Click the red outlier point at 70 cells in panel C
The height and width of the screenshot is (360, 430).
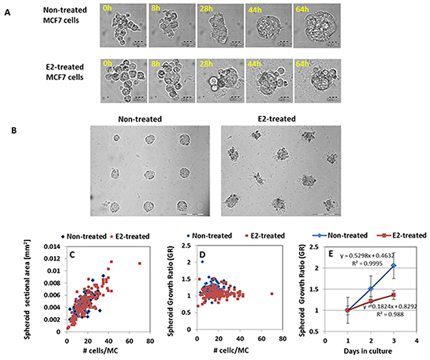coord(140,263)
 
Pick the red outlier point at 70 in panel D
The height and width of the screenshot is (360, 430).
coord(273,294)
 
